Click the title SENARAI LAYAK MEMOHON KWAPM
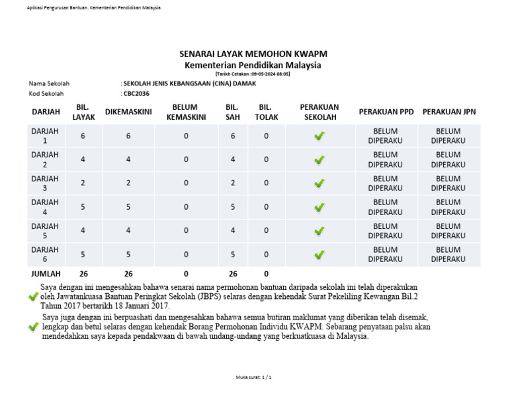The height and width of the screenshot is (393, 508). click(x=253, y=53)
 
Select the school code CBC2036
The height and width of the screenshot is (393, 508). click(x=136, y=94)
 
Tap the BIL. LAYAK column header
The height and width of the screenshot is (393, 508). click(x=83, y=112)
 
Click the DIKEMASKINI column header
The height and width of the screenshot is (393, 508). click(x=128, y=112)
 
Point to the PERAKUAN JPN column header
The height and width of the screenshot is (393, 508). click(x=448, y=112)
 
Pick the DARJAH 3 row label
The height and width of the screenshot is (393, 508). click(x=45, y=183)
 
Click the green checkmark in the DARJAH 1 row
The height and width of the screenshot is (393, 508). click(x=319, y=136)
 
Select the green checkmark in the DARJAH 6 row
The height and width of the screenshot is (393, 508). click(x=319, y=255)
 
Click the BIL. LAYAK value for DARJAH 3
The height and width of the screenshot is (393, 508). click(x=83, y=183)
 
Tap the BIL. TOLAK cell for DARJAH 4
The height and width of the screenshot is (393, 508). click(x=266, y=207)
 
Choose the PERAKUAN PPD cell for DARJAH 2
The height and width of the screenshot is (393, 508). click(x=385, y=159)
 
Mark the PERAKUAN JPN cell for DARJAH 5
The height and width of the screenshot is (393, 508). click(x=448, y=231)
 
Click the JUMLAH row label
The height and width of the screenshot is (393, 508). click(x=46, y=273)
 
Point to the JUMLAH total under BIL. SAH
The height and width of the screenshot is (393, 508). click(x=232, y=273)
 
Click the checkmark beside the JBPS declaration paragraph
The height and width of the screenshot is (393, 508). click(x=34, y=297)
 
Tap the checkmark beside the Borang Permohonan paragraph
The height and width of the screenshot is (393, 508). click(x=34, y=327)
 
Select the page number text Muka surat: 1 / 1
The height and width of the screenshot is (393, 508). click(x=253, y=376)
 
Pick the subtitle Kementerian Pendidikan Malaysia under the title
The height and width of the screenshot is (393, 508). click(x=253, y=65)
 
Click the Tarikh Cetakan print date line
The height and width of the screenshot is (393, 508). click(x=253, y=74)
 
